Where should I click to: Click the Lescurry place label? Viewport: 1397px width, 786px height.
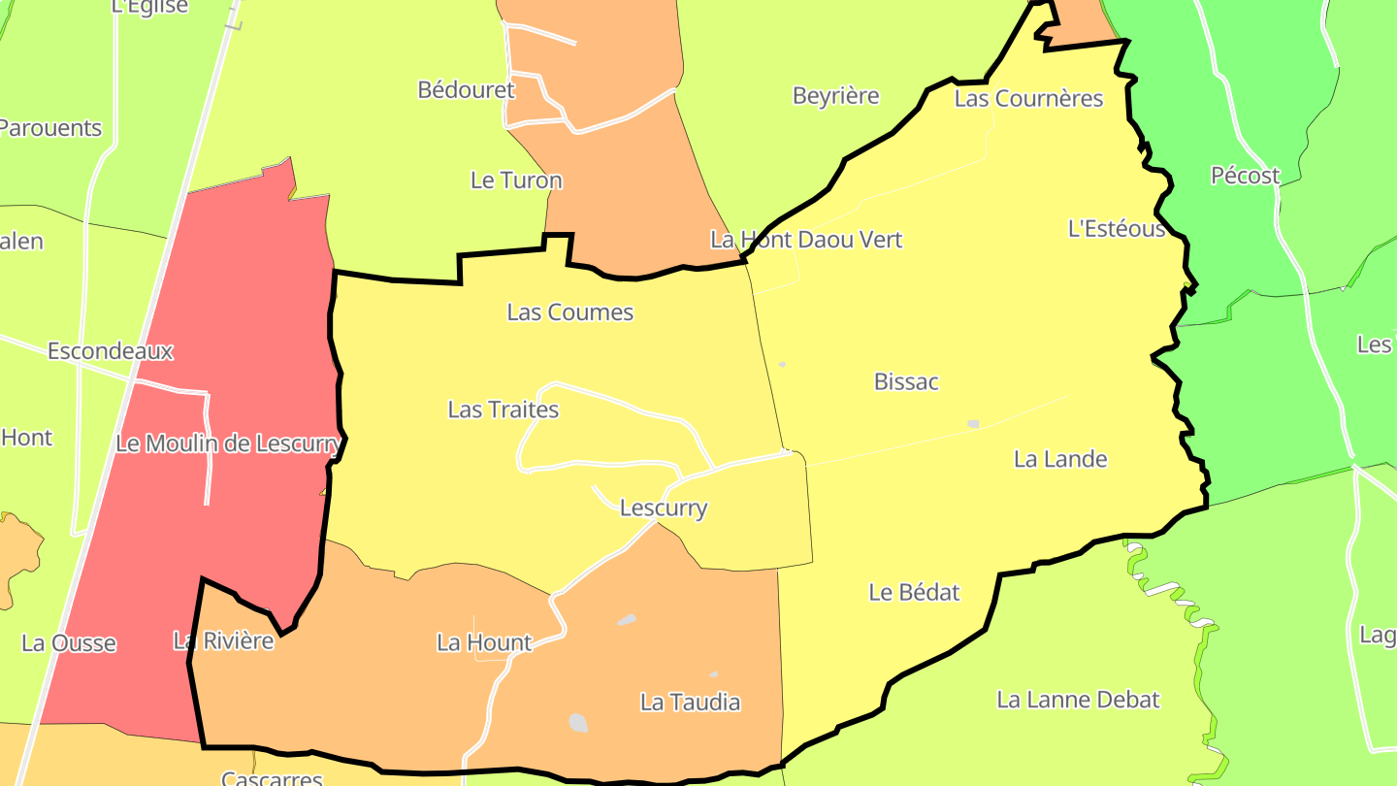[664, 508]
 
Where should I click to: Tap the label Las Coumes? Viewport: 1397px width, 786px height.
[570, 312]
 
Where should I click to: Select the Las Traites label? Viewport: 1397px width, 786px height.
[504, 409]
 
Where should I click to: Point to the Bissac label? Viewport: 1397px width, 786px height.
[906, 381]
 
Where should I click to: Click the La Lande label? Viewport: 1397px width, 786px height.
[1060, 459]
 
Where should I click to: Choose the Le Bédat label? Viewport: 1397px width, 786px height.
[914, 592]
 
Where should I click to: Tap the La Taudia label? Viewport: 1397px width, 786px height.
[690, 702]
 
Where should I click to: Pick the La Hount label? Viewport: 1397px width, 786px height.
[484, 642]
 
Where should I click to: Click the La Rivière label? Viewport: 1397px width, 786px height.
[223, 640]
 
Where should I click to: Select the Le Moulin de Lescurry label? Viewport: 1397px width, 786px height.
[228, 444]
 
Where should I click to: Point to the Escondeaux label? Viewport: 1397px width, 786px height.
[111, 351]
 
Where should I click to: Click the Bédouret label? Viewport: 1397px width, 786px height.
[466, 90]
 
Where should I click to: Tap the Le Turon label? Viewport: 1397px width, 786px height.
[516, 180]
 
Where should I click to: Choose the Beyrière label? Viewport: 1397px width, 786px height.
[836, 96]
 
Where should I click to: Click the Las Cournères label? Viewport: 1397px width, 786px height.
[1028, 99]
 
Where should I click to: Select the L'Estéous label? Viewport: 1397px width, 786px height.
[1117, 229]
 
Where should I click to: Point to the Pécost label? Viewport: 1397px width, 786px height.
[1245, 176]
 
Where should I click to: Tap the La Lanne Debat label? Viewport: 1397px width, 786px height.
[1078, 700]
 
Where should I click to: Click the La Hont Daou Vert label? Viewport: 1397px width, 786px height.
[806, 240]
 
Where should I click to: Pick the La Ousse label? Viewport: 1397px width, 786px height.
[69, 643]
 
